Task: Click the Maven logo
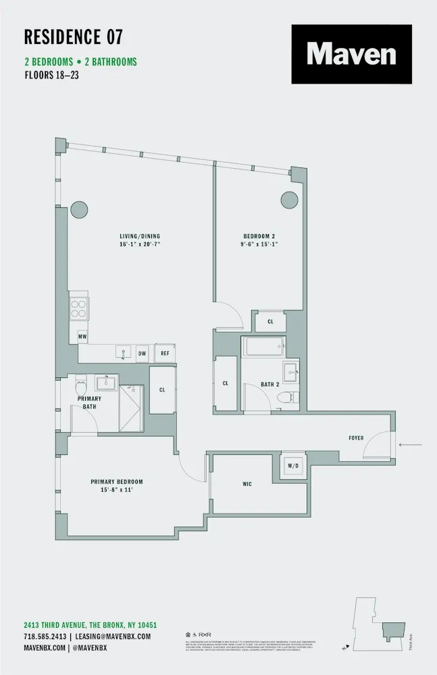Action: click(351, 54)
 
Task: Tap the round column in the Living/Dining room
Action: click(78, 209)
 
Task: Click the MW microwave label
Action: click(82, 335)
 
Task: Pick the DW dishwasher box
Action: click(142, 353)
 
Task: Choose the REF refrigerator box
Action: click(165, 353)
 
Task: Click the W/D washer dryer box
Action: click(294, 465)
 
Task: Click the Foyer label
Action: click(356, 438)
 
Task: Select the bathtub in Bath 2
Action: click(263, 348)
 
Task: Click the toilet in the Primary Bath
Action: click(82, 387)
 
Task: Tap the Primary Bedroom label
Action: click(117, 481)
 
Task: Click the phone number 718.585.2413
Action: click(45, 637)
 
